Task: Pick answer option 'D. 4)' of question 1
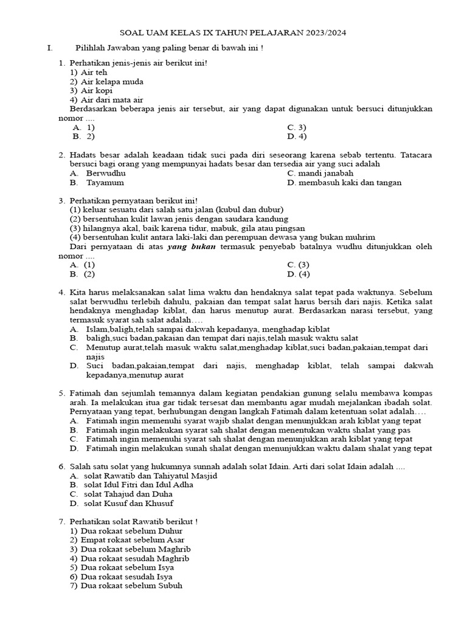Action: (x=296, y=137)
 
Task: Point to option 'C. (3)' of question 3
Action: (x=298, y=265)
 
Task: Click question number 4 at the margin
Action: (x=62, y=292)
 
